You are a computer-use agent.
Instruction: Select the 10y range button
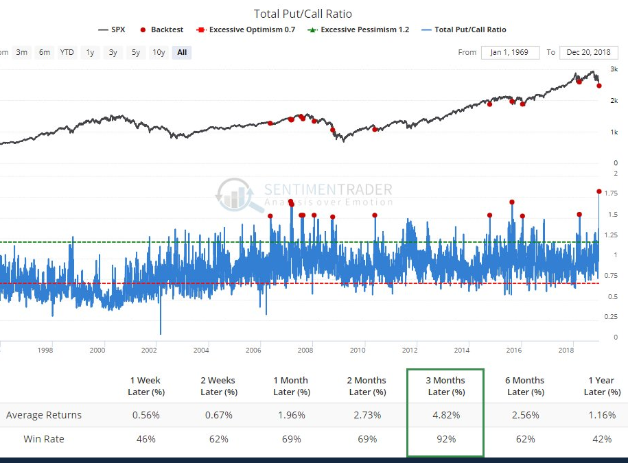click(x=159, y=52)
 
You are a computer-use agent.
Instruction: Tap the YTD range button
click(x=67, y=52)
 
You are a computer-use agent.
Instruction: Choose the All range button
click(x=181, y=52)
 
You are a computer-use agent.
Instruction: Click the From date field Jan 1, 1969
click(x=509, y=53)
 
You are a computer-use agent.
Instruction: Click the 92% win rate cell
click(x=445, y=439)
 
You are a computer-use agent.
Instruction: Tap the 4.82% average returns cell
click(x=445, y=415)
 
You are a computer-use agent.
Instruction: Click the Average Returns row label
click(x=44, y=415)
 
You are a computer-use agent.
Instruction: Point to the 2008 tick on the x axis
click(x=305, y=350)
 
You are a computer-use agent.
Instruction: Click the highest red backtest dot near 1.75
click(x=599, y=191)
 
